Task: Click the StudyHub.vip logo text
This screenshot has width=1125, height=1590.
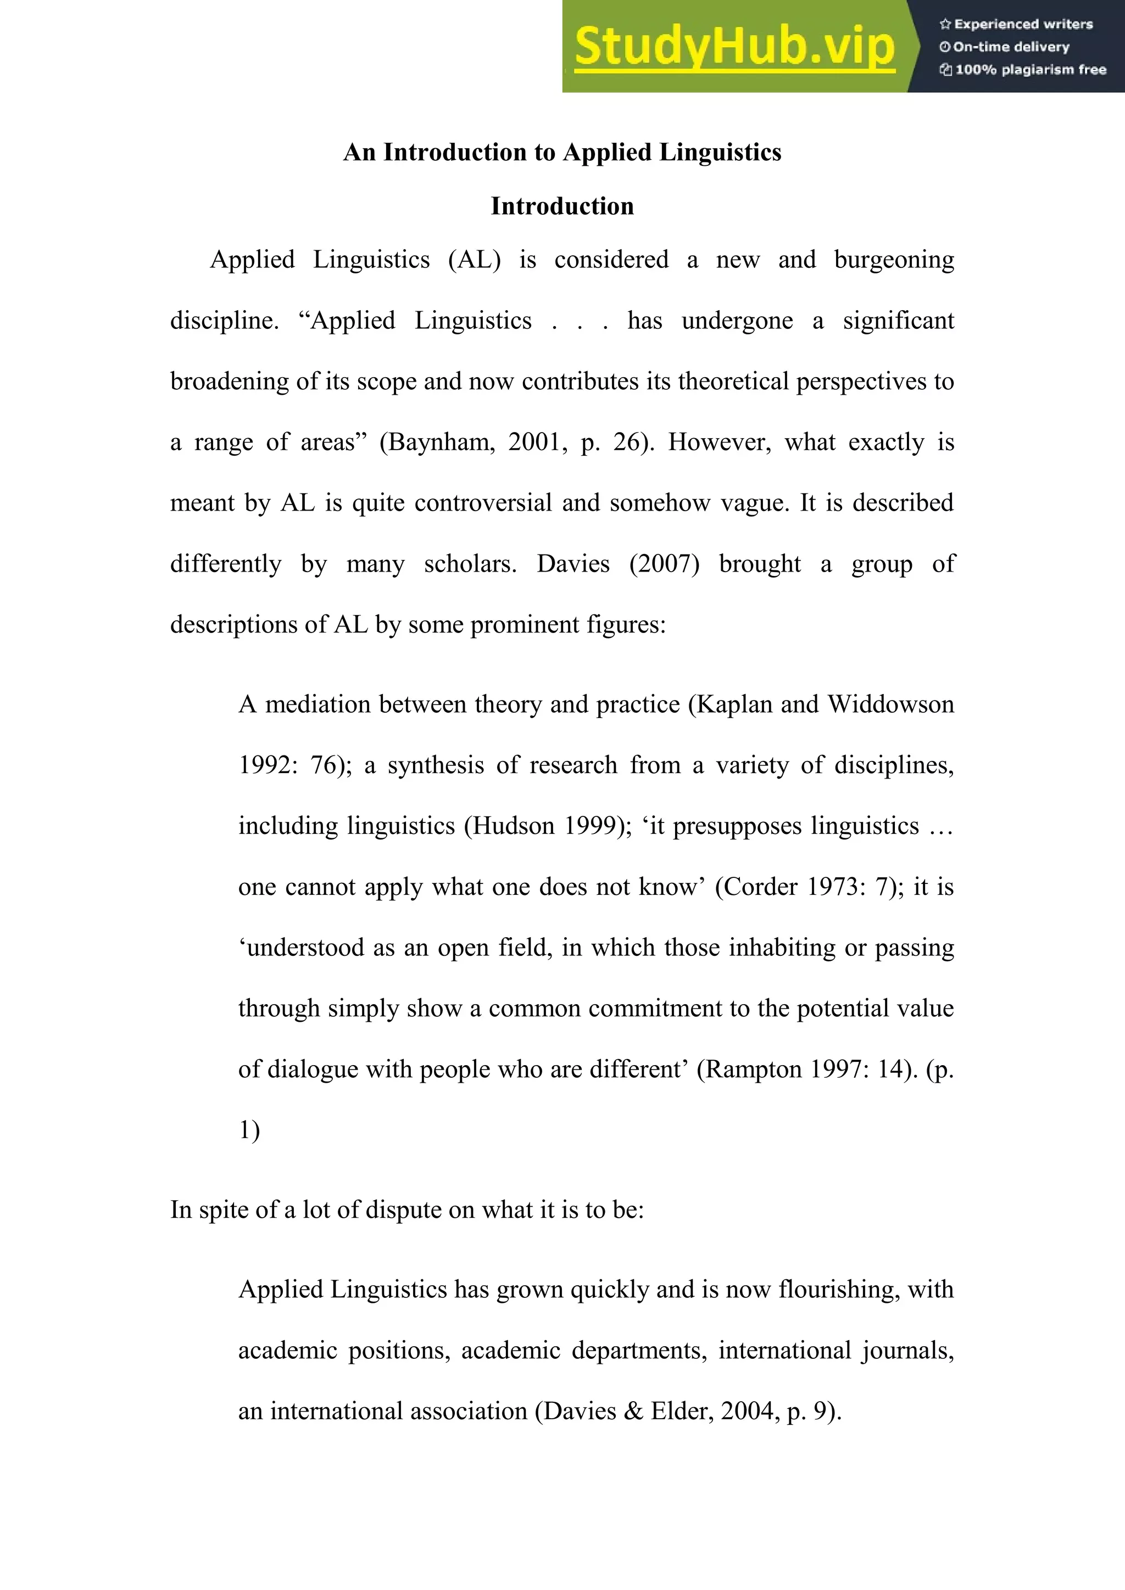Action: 734,47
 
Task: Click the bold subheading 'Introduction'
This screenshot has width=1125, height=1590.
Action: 562,206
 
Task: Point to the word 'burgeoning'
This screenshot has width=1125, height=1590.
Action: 894,260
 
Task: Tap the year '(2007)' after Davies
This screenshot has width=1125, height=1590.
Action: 664,564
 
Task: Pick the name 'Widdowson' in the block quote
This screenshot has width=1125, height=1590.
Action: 891,704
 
